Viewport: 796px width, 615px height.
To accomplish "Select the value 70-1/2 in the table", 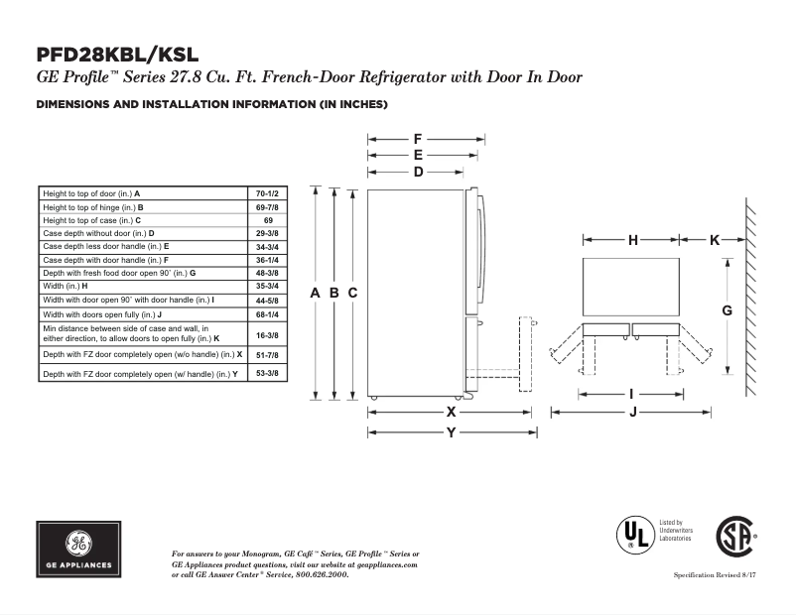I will pos(268,192).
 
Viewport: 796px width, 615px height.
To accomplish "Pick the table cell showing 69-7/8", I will pos(268,206).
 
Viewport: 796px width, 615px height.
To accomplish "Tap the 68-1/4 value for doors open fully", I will pos(268,313).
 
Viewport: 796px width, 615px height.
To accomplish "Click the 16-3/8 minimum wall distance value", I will pos(268,335).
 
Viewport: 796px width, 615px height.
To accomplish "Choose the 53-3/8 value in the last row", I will pos(268,373).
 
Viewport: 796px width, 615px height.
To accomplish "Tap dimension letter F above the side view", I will pos(418,139).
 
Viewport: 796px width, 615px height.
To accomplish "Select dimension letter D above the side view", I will pos(418,172).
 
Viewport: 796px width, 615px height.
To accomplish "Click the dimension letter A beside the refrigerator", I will pos(315,293).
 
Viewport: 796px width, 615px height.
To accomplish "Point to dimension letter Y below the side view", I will pos(451,432).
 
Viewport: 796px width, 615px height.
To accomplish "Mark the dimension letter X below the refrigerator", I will pos(451,411).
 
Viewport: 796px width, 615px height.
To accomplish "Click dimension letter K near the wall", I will pos(715,240).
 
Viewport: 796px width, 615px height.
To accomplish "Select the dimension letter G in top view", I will pos(727,310).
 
